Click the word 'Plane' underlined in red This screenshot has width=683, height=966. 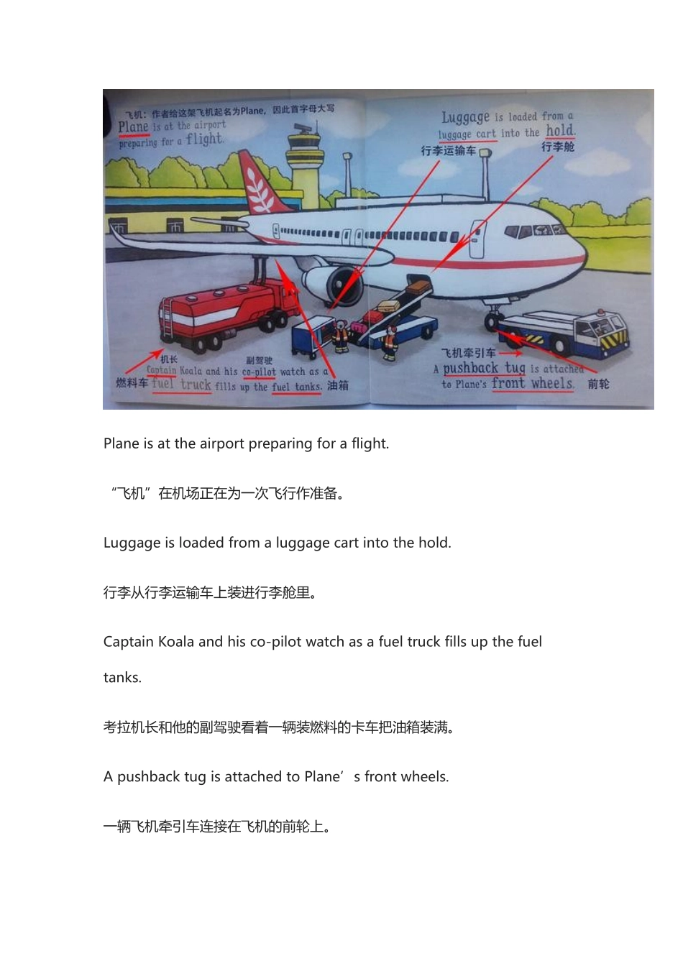(133, 127)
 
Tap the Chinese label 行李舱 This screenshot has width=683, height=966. (557, 147)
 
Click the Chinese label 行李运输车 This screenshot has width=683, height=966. (448, 151)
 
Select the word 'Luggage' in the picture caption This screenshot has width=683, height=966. (465, 117)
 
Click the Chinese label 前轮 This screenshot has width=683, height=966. (598, 384)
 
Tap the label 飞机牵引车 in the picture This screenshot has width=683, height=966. (468, 353)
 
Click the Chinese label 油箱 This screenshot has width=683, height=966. (338, 386)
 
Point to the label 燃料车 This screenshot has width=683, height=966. (132, 383)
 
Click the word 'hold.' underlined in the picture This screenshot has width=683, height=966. (560, 131)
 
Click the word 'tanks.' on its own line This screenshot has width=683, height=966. (122, 678)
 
